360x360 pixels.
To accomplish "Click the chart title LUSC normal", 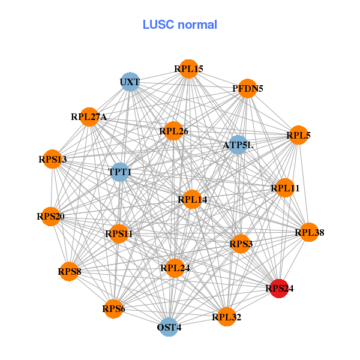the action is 179,25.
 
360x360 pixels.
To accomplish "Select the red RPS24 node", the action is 279,289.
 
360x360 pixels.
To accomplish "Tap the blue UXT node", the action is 130,82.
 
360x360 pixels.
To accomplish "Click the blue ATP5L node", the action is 238,145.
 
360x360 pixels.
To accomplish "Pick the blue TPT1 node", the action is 120,172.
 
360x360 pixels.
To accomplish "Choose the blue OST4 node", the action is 169,327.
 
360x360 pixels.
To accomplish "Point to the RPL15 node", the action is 189,69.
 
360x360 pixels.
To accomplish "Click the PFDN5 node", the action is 248,89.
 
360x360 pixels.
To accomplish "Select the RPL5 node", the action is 298,136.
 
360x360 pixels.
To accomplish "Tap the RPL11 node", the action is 284,188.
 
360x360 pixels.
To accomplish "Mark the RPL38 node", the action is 309,232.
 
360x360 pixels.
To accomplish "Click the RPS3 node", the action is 241,244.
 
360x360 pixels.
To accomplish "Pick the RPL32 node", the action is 226,316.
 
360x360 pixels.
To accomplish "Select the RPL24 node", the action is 175,268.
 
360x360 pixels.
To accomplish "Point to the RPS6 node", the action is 113,309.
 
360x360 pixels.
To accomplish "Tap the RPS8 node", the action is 69,272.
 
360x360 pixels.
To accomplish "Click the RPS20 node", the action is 50,216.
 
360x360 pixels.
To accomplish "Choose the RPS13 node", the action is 52,160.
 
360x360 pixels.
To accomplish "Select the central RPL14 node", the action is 192,199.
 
